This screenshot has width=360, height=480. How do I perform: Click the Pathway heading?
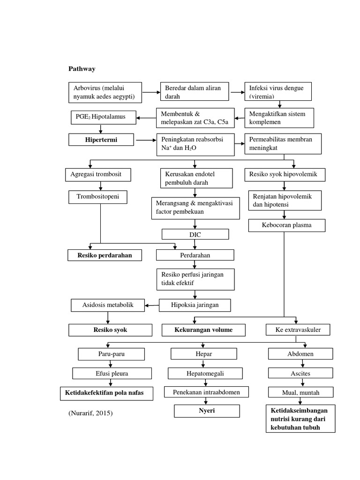coord(82,69)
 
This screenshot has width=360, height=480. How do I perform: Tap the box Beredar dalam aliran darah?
coord(197,92)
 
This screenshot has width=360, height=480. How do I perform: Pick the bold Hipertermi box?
coord(101,140)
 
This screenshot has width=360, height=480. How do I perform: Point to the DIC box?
coord(195,234)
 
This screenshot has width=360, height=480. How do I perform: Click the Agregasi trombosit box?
coord(97,175)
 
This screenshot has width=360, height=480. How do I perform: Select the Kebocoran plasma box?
coord(286,225)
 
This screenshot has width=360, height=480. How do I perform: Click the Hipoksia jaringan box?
coord(195,305)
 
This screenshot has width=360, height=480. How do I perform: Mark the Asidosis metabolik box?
coord(108,305)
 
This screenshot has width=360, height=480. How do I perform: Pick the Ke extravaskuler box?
coord(298,330)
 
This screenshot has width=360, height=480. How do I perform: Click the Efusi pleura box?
coord(112,374)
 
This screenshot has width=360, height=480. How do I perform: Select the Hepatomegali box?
coord(205,374)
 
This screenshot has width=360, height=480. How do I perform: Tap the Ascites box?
coord(300,374)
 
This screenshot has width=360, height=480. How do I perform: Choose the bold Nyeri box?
coord(207,411)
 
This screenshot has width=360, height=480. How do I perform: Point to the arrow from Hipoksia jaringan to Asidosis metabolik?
coord(151,306)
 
